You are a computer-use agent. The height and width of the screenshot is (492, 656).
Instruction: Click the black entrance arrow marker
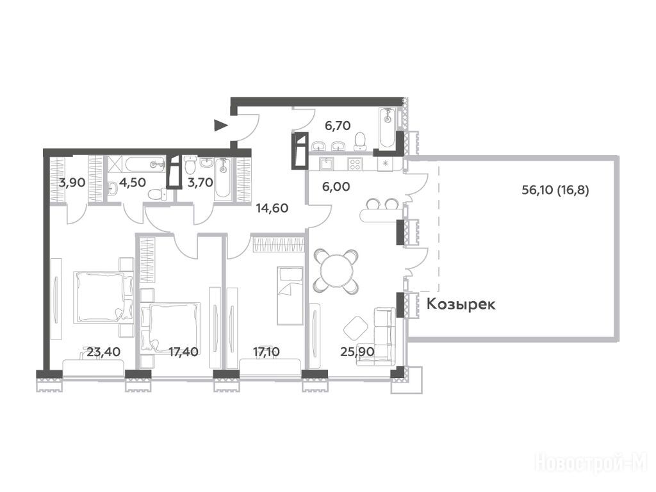220,125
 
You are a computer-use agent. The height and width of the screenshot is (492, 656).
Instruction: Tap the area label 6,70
337,125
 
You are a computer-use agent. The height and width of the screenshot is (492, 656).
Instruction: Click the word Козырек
461,304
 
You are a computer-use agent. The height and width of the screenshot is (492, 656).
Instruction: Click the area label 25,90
357,352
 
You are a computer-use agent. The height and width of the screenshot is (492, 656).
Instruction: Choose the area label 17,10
266,352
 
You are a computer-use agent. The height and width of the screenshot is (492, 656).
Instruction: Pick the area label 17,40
183,352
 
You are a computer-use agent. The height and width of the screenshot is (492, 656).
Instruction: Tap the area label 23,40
104,352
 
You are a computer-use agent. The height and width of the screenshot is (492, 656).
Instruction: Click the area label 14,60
272,208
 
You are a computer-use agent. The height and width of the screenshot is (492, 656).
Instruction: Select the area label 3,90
72,183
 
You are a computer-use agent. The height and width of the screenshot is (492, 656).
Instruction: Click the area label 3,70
201,183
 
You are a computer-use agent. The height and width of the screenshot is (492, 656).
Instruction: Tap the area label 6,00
336,186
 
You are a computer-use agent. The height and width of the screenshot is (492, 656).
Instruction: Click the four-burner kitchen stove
355,163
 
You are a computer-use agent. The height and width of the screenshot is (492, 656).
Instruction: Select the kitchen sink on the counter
325,163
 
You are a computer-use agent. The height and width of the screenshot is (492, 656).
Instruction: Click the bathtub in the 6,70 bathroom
388,127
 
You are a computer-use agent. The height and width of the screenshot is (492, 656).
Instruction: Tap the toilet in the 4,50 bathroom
156,194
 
